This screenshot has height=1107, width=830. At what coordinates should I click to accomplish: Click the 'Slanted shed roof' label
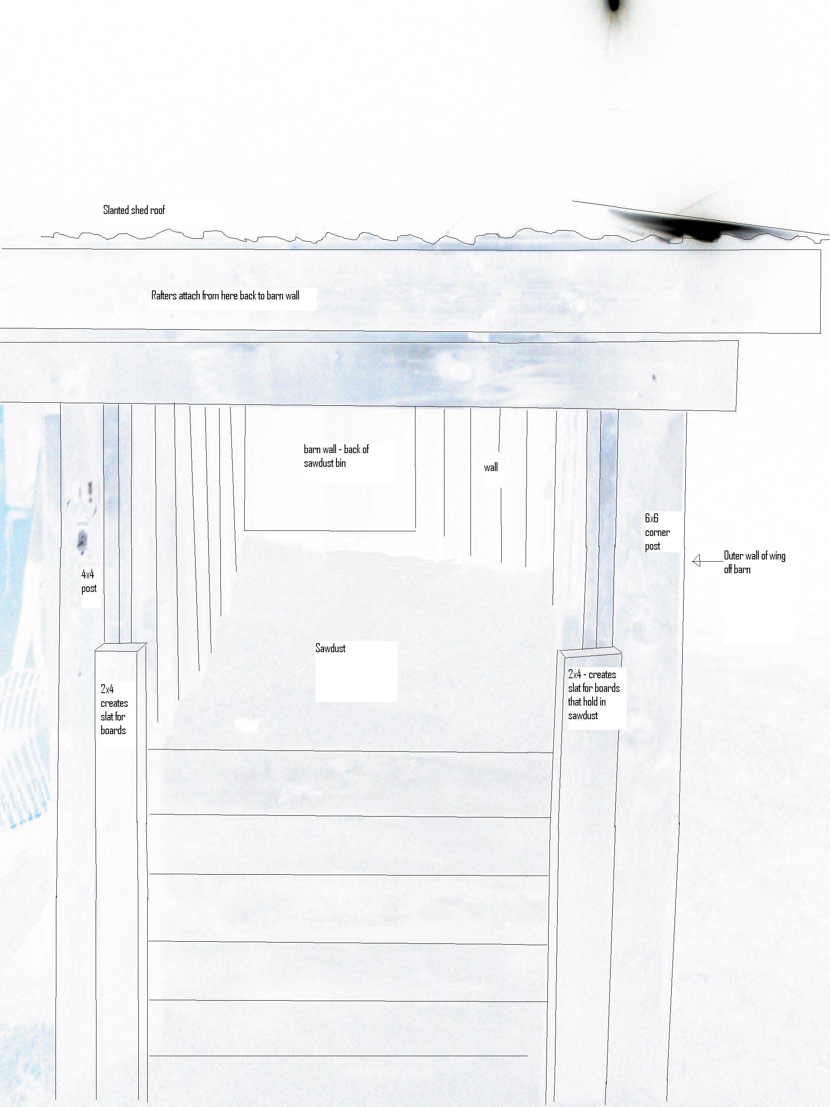tap(134, 210)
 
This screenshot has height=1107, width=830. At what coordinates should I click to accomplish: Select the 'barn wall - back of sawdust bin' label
tap(336, 456)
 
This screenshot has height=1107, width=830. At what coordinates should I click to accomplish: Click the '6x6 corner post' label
tap(657, 532)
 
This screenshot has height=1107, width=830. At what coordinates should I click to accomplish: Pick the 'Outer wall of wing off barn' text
tap(754, 562)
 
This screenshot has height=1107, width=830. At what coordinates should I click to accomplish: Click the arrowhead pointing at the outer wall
tap(696, 561)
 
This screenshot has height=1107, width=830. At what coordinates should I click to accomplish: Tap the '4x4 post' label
tap(88, 581)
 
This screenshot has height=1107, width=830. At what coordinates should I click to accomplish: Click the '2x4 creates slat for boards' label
tap(114, 710)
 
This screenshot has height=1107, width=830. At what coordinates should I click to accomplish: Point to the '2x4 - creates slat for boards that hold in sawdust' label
tap(593, 695)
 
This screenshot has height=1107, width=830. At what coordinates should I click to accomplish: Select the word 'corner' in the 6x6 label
tap(657, 533)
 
